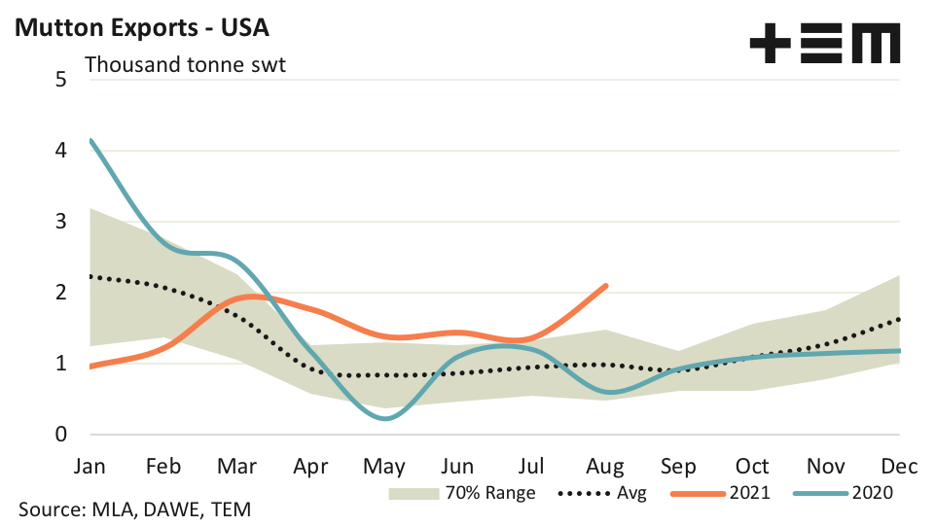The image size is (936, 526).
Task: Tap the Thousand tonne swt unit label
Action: (x=185, y=66)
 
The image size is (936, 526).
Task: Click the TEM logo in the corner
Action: (x=824, y=45)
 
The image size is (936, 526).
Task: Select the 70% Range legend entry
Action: (x=461, y=493)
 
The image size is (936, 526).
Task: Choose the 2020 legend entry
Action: (x=844, y=493)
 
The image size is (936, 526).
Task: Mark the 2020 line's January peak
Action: (x=90, y=141)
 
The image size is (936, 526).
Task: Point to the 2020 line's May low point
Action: (x=386, y=418)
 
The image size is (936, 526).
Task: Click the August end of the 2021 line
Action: (x=606, y=286)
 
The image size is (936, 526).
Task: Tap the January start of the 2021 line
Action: (x=90, y=367)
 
